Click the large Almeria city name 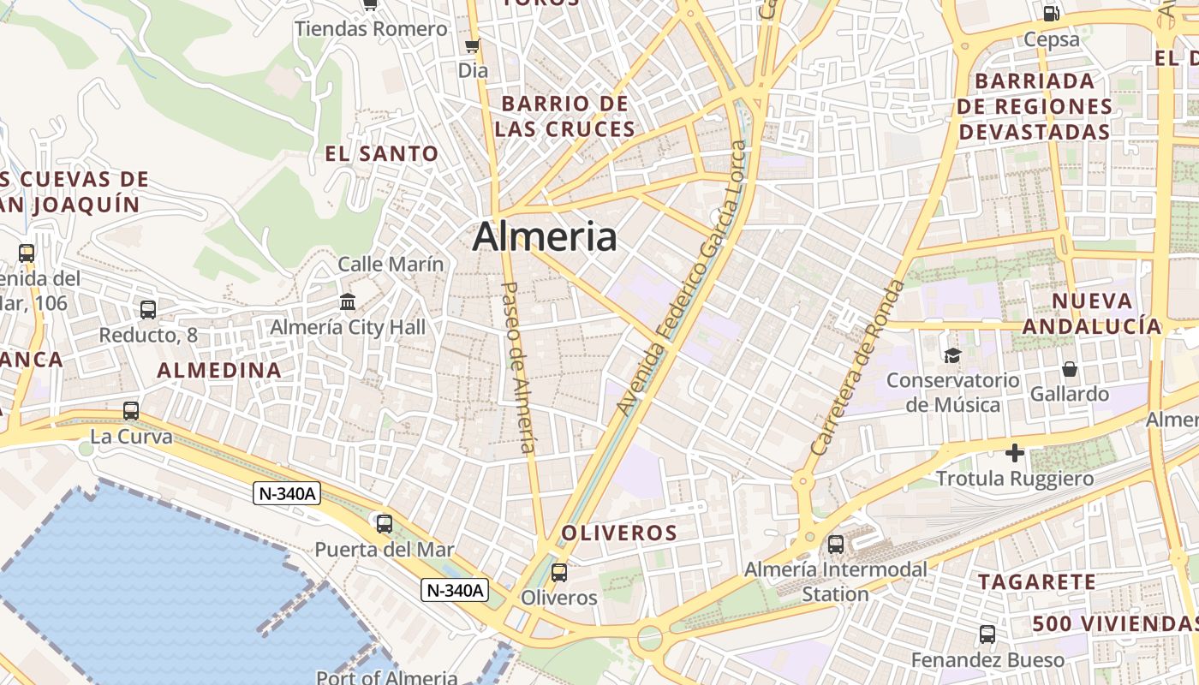544,236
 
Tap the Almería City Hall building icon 348,302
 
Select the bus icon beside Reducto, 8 148,309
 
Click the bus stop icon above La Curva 130,411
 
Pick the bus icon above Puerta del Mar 384,523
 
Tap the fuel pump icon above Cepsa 1051,13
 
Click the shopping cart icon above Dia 472,45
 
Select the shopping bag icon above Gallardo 1069,369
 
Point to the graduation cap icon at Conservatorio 951,355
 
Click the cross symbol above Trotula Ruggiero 1015,452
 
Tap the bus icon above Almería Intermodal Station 835,544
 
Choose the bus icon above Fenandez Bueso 987,634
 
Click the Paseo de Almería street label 519,367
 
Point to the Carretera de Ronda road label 857,367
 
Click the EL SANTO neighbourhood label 381,154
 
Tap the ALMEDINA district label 219,370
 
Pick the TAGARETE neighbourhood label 1037,582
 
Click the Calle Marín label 391,264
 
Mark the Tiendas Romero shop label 371,29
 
